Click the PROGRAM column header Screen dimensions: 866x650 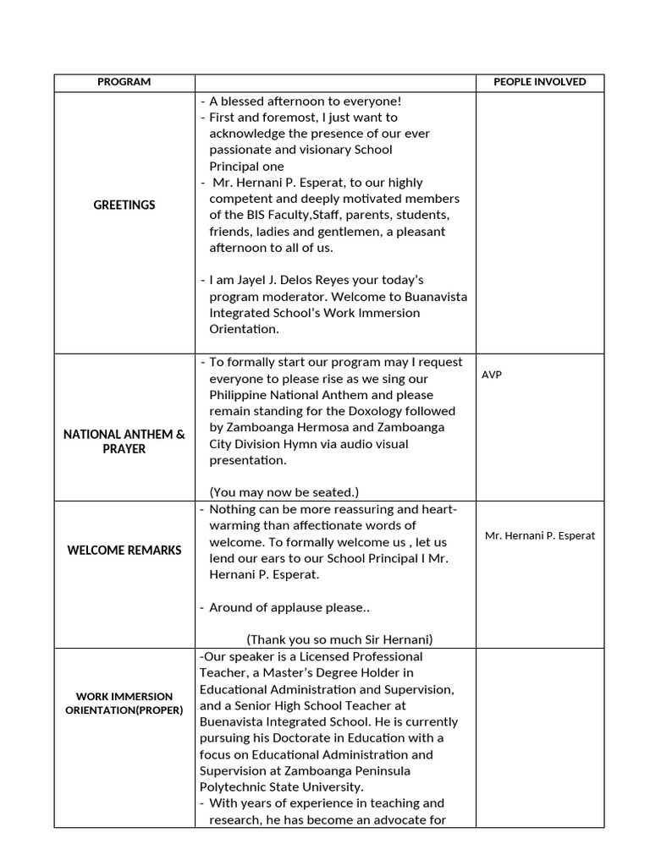(x=124, y=82)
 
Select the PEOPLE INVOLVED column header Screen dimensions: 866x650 (x=539, y=82)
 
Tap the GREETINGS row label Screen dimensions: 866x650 (x=124, y=206)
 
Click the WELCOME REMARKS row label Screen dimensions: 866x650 (x=124, y=551)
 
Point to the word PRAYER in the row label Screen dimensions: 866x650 (x=124, y=449)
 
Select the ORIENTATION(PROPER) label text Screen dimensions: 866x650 (x=124, y=710)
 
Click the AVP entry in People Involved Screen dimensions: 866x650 (x=492, y=375)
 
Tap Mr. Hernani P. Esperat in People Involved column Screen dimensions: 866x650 (x=540, y=535)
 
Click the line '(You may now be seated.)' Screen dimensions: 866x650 (x=284, y=492)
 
